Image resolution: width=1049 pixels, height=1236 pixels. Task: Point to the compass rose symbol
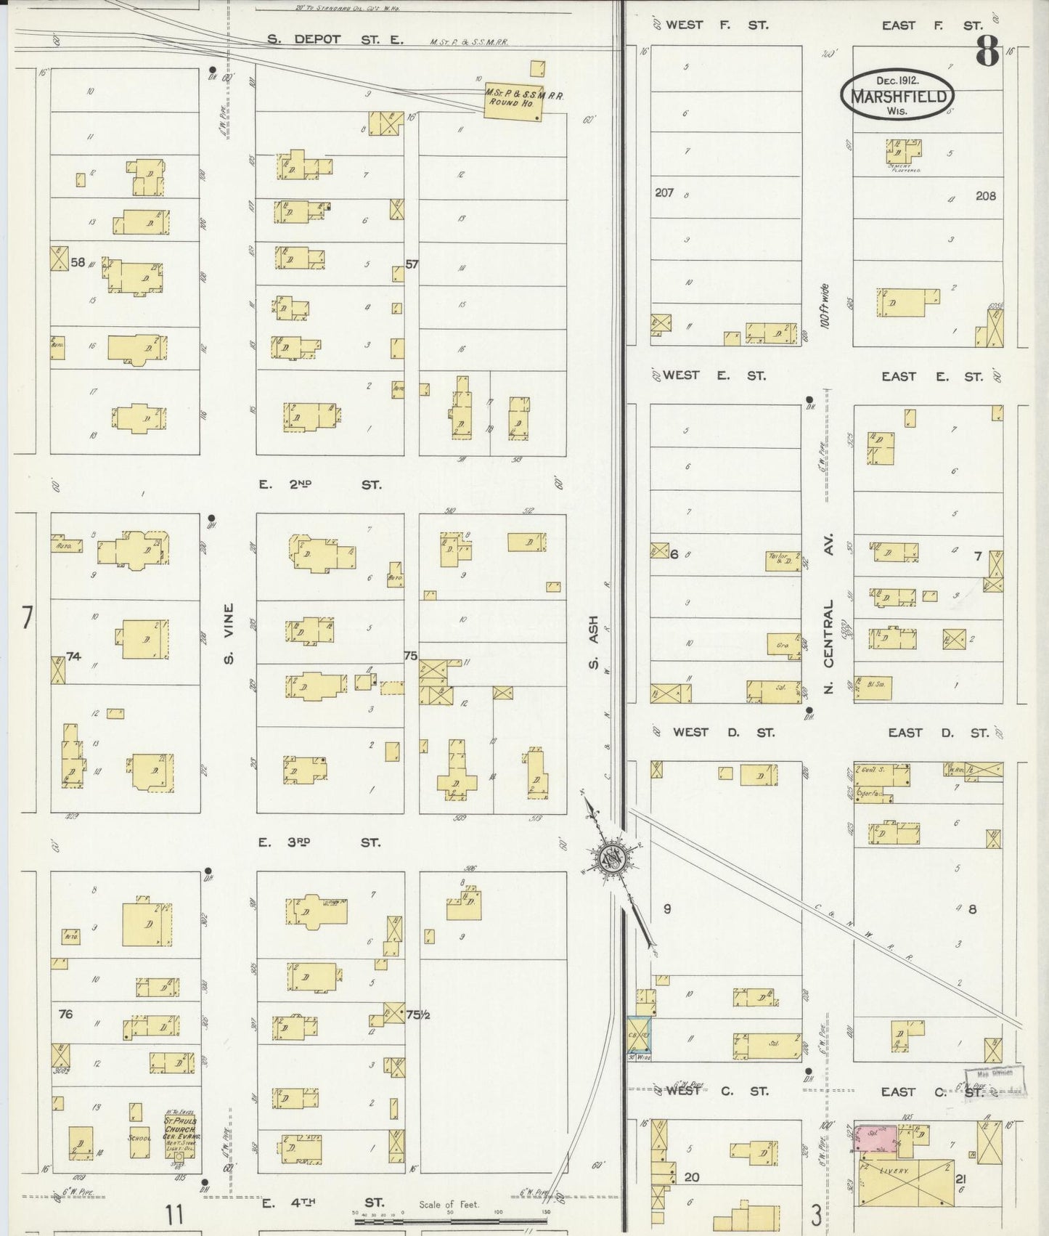[x=612, y=860]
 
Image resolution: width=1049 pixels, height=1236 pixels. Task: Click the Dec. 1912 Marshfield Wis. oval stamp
[x=897, y=94]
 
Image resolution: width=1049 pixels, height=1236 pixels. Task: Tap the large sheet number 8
[x=987, y=52]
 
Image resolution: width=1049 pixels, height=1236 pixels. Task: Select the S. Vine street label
[x=228, y=634]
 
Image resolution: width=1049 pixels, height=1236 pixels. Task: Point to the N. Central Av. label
[x=828, y=612]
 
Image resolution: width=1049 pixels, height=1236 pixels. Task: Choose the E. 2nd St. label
[x=319, y=484]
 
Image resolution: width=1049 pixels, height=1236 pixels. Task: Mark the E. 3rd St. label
[x=319, y=842]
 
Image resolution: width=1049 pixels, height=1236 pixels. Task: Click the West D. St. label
[x=723, y=732]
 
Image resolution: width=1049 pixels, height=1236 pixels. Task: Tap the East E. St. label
[x=932, y=376]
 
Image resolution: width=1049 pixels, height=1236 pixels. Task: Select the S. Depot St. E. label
[x=335, y=39]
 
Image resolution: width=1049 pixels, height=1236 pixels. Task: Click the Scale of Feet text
[x=449, y=1204]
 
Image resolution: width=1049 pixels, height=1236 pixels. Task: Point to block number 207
[x=664, y=192]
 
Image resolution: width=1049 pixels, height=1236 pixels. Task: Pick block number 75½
[x=417, y=1015]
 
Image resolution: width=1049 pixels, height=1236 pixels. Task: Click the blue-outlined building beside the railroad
[x=640, y=1034]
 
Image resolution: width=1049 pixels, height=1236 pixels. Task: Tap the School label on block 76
[x=139, y=1137]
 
